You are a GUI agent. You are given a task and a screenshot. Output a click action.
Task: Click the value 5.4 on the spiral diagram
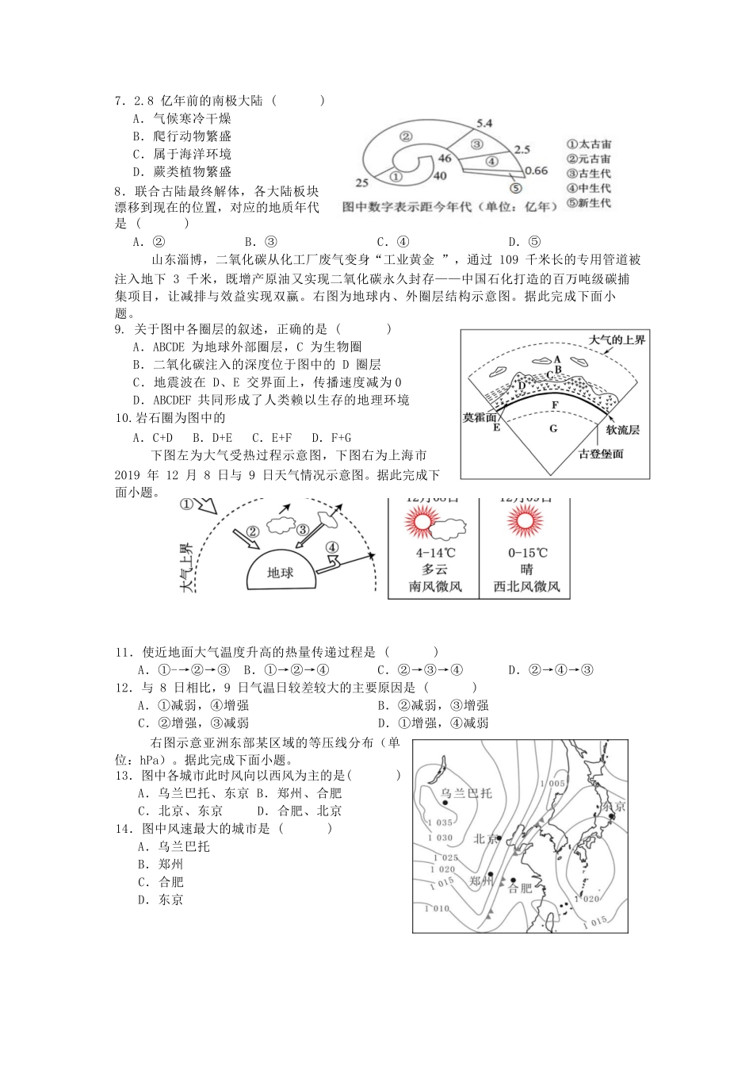484,123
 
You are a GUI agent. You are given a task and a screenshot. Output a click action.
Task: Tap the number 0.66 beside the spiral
537,171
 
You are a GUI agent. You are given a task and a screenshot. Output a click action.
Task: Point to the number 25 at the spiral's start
361,182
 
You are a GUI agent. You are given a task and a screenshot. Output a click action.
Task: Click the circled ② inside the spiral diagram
405,136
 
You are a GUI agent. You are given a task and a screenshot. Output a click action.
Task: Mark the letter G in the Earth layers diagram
553,428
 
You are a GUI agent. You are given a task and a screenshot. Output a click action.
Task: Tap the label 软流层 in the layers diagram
622,429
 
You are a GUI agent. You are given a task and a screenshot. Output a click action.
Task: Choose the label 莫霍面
480,416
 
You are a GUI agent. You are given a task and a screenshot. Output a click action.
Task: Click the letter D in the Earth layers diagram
522,385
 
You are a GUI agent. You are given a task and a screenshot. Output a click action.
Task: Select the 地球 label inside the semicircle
280,572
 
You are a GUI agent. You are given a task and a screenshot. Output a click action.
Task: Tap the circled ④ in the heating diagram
331,547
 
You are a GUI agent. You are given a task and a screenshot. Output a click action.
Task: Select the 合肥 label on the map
520,889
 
